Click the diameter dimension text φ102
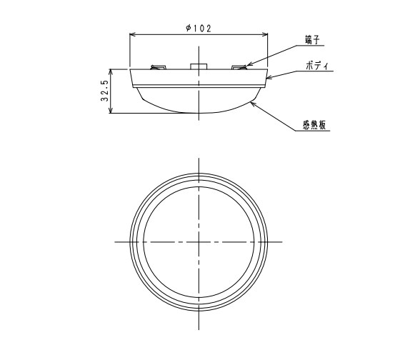(197, 28)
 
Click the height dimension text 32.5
(105, 91)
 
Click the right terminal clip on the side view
(239, 67)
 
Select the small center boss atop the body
(198, 66)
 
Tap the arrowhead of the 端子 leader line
(246, 66)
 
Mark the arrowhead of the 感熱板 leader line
(251, 102)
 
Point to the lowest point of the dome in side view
(198, 112)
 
